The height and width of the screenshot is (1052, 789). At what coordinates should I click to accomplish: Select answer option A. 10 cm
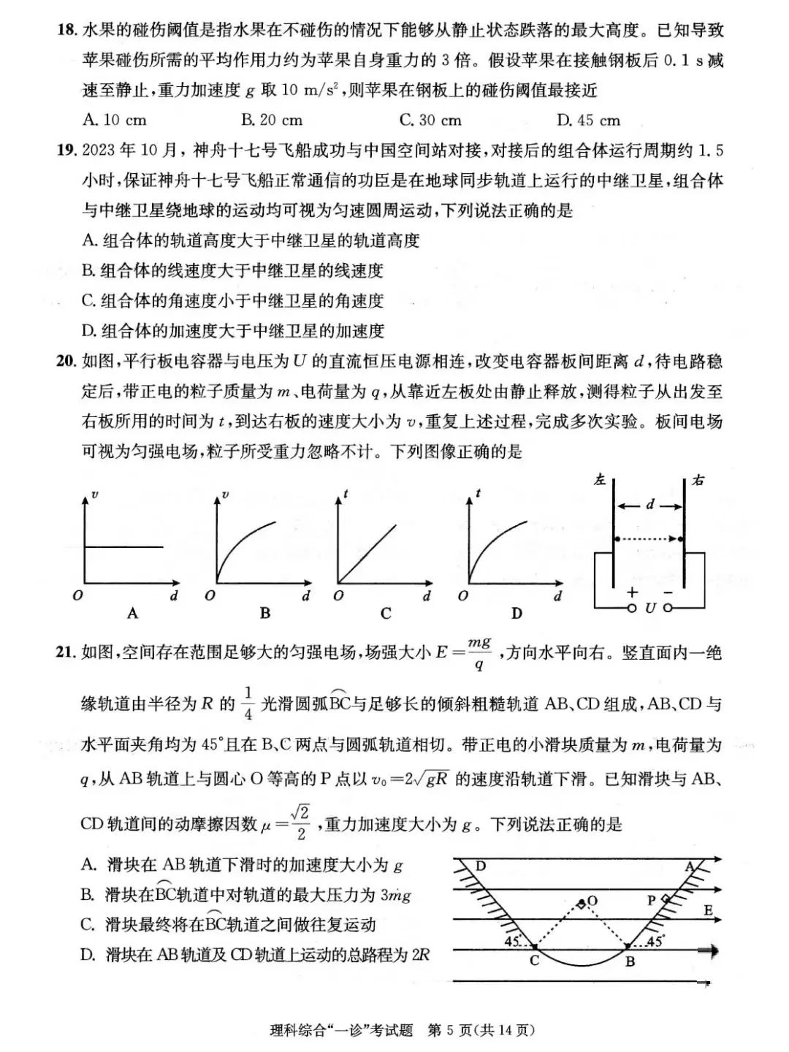point(115,121)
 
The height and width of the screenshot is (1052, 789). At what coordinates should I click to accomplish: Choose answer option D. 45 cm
point(588,121)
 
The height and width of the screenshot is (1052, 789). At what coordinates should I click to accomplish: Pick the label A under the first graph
point(132,614)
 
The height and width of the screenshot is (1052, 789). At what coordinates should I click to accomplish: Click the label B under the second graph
point(264,614)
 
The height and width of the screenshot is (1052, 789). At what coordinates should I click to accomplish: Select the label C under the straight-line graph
point(386,614)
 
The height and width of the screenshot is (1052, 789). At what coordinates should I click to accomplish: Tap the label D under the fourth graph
point(517,614)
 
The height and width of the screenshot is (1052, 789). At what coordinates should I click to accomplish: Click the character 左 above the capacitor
point(601,481)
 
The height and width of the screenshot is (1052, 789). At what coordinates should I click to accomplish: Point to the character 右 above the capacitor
point(698,481)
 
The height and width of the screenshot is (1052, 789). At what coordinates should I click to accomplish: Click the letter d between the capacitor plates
point(650,505)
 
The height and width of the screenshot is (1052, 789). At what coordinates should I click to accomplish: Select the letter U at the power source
point(650,608)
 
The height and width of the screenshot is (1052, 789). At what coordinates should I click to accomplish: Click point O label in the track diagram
point(592,901)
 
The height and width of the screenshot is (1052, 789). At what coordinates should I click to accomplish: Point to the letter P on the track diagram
point(652,901)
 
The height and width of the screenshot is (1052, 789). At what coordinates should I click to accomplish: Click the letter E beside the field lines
point(708,911)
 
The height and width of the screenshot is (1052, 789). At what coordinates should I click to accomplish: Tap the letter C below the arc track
point(534,961)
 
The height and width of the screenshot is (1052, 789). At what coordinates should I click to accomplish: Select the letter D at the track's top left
point(481,866)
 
